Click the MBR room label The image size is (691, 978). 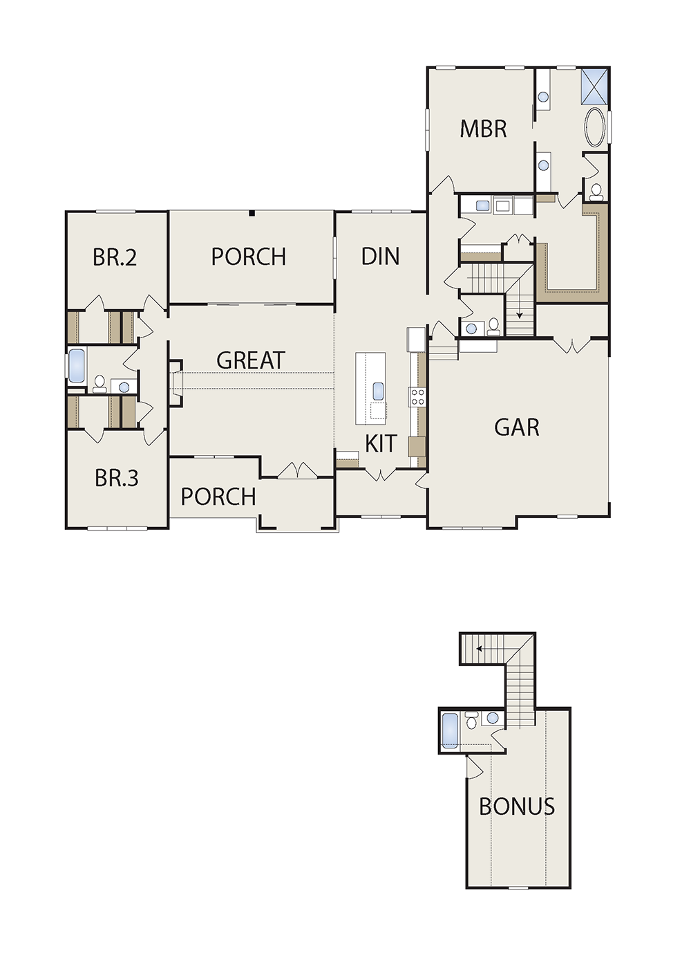coord(483,129)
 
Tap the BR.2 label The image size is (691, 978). coord(115,257)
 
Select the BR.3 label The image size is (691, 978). coord(117,478)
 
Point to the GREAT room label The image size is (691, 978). coord(250,360)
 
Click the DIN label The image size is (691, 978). coord(381,257)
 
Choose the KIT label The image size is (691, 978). coord(381,443)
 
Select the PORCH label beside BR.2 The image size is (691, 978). coord(249,257)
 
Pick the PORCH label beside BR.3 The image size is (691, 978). coord(218,497)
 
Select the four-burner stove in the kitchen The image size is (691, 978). coord(417,397)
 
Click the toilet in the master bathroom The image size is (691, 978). coord(596,192)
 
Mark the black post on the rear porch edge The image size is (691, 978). coord(252,213)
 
